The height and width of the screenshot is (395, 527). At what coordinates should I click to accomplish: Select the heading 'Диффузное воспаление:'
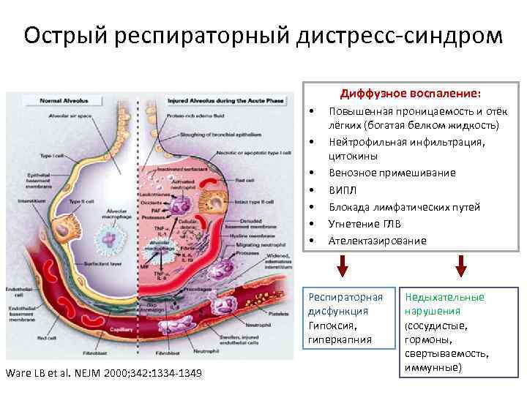(411, 94)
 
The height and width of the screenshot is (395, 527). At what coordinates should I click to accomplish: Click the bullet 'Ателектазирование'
(377, 241)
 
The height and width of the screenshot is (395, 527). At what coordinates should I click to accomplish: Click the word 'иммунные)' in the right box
(433, 367)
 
